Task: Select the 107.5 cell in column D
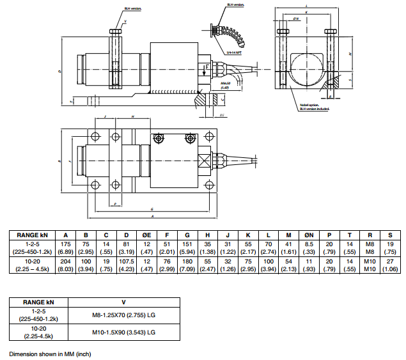click(126, 262)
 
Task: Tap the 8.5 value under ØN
click(309, 244)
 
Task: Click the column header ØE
click(148, 235)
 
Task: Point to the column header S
click(391, 235)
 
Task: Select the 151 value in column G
click(187, 244)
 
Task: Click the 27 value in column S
click(391, 262)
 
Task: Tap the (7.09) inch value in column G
click(187, 269)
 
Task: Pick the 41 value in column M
click(289, 244)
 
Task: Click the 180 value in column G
click(187, 262)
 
